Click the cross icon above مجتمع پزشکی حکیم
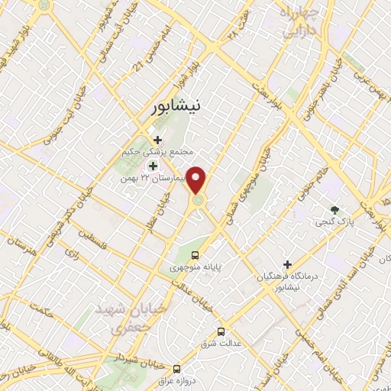point(157,140)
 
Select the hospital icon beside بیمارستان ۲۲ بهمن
point(153,166)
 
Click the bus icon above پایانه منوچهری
point(195,255)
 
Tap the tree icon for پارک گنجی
point(334,208)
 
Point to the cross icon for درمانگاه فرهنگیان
point(288,263)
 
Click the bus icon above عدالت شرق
point(221,331)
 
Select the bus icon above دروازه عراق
point(177,367)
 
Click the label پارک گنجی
point(333,221)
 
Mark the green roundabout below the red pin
point(198,200)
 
